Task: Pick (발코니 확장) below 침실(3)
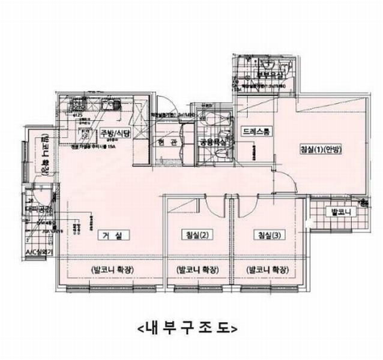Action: click(x=267, y=270)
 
